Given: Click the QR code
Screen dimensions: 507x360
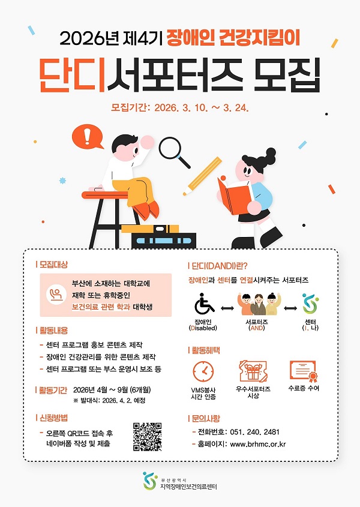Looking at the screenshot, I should [147, 436].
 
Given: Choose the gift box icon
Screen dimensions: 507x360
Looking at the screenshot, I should [253, 371].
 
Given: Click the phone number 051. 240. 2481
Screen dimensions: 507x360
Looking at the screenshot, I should [254, 432].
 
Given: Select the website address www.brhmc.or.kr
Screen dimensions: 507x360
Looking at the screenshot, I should [258, 445].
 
